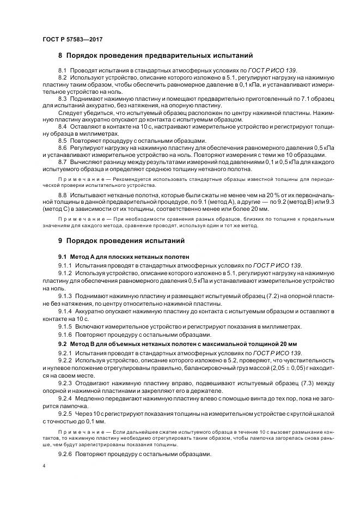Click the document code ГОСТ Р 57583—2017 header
click(x=72, y=40)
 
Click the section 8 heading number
click(x=60, y=56)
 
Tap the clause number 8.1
click(x=62, y=71)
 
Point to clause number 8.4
click(x=62, y=126)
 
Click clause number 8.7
click(x=62, y=162)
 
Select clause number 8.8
click(x=62, y=195)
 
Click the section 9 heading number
click(x=60, y=240)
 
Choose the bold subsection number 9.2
click(x=62, y=344)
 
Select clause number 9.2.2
click(x=65, y=361)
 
